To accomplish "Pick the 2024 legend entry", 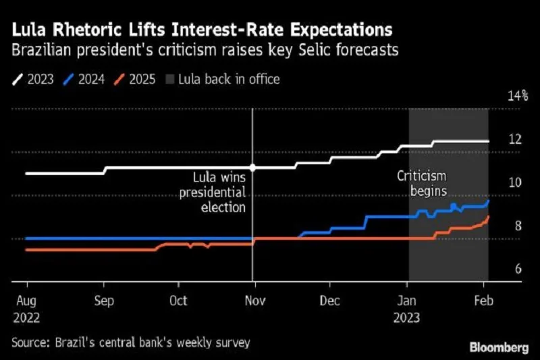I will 85,79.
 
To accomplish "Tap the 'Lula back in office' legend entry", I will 222,79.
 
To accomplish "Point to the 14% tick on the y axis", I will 518,95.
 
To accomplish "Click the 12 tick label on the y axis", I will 516,139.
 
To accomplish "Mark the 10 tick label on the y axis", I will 516,182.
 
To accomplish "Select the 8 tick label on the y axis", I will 518,226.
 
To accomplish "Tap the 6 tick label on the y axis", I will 518,269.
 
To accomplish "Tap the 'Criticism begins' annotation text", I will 421,183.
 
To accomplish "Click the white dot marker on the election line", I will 252,168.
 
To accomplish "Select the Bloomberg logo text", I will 499,346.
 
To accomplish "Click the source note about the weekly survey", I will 131,343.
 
